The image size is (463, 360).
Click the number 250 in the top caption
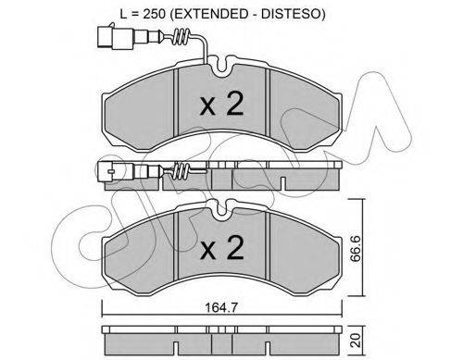click(x=156, y=14)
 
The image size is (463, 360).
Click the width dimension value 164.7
click(x=221, y=308)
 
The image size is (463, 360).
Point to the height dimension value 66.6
click(x=357, y=248)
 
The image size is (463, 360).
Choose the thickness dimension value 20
click(x=357, y=340)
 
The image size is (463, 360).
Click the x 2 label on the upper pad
click(x=222, y=104)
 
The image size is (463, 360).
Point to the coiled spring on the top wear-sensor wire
click(x=181, y=37)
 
